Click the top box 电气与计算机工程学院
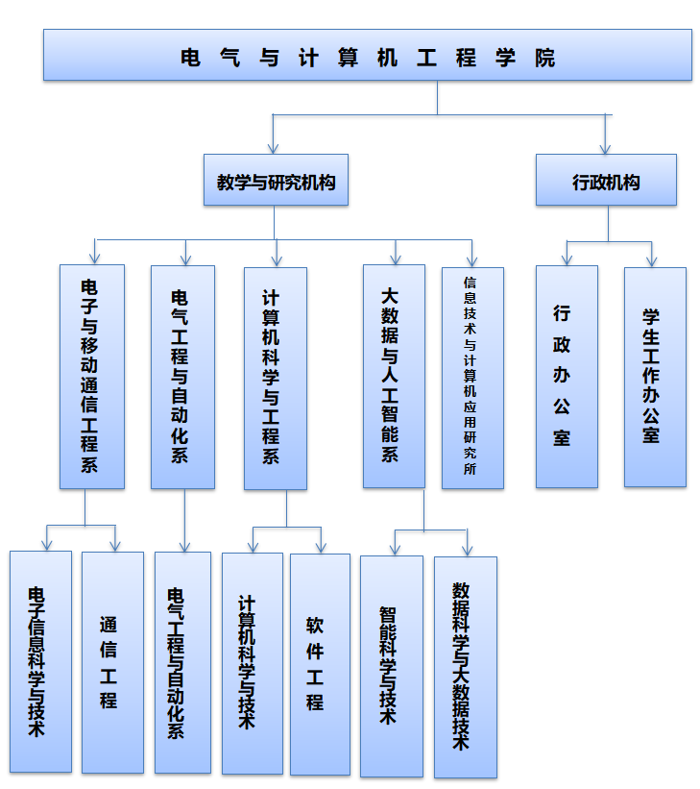coord(368,55)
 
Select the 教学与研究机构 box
coord(276,180)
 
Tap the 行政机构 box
coord(606,180)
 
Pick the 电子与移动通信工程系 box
coord(91,376)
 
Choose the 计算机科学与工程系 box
coord(275,378)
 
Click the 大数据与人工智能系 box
coord(394,376)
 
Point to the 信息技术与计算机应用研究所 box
coord(471,377)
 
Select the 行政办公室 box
coord(566,376)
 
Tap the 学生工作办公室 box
coord(654,376)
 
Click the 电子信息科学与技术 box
coord(40,661)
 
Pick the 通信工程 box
coord(111,661)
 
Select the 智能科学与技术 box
coord(391,665)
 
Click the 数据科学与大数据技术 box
coord(465,666)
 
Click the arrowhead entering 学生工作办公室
coord(652,260)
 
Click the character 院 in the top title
coord(545,58)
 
